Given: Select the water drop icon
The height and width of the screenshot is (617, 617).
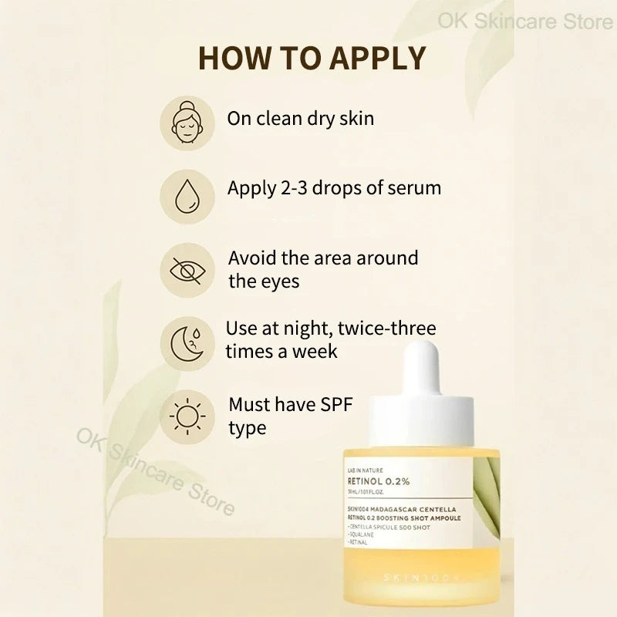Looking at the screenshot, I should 187,192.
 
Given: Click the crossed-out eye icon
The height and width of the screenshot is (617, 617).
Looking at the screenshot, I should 187,270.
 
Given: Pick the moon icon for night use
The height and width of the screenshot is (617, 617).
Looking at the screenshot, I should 187,342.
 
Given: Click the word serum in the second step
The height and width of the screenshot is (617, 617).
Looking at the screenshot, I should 413,188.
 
